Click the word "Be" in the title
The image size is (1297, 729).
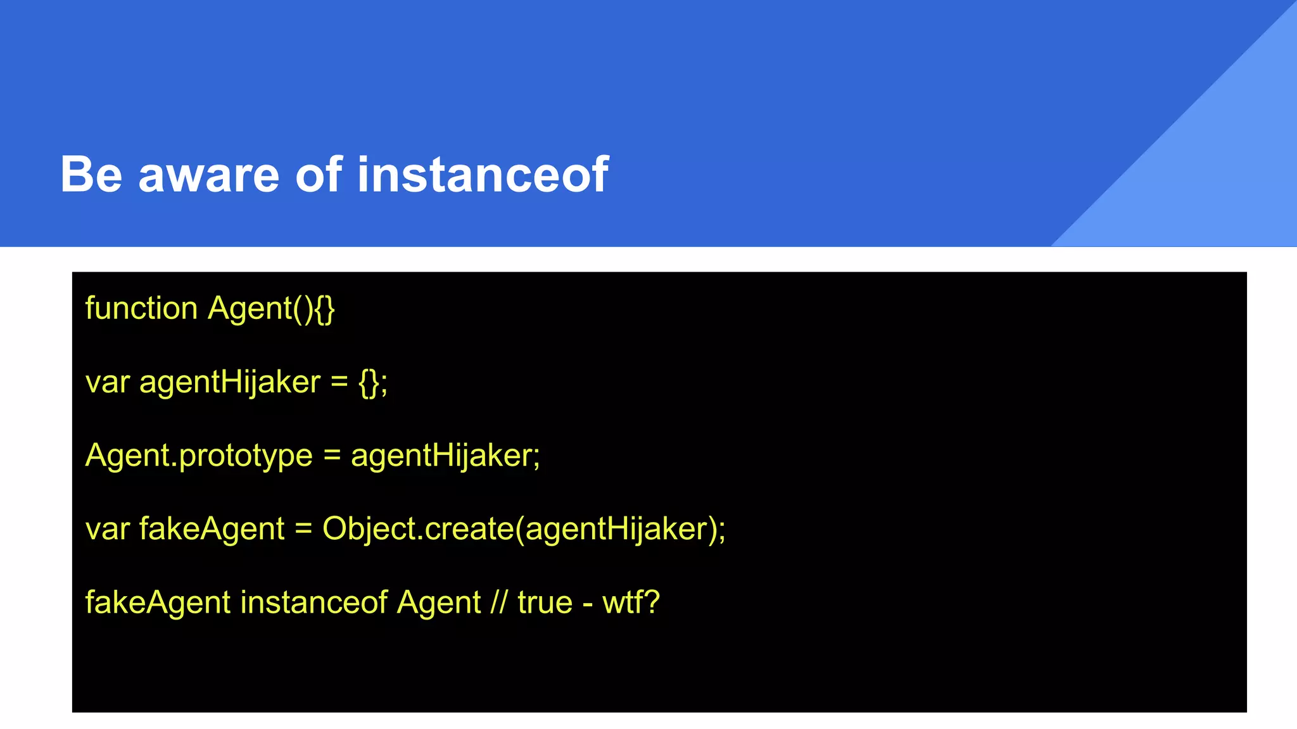click(x=91, y=174)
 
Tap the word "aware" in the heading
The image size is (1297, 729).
click(x=208, y=175)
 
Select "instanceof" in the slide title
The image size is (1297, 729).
click(x=483, y=174)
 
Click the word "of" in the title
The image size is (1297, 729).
click(x=319, y=174)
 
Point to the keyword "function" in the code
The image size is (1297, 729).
click(x=141, y=309)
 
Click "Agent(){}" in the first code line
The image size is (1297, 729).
click(x=271, y=309)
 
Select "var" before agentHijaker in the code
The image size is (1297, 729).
click(x=107, y=383)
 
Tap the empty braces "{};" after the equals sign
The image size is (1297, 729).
click(x=373, y=383)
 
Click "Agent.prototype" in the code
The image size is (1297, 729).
click(x=199, y=456)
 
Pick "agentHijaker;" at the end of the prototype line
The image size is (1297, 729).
click(x=445, y=456)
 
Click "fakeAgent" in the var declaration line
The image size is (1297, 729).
click(x=212, y=529)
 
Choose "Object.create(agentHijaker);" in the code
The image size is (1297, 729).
click(x=524, y=529)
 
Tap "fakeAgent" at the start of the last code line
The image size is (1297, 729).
click(x=158, y=602)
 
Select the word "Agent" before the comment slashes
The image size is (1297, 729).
click(x=439, y=602)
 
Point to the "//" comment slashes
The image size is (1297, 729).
click(x=499, y=602)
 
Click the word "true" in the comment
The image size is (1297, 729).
click(x=545, y=602)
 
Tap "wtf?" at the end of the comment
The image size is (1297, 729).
click(x=631, y=602)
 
